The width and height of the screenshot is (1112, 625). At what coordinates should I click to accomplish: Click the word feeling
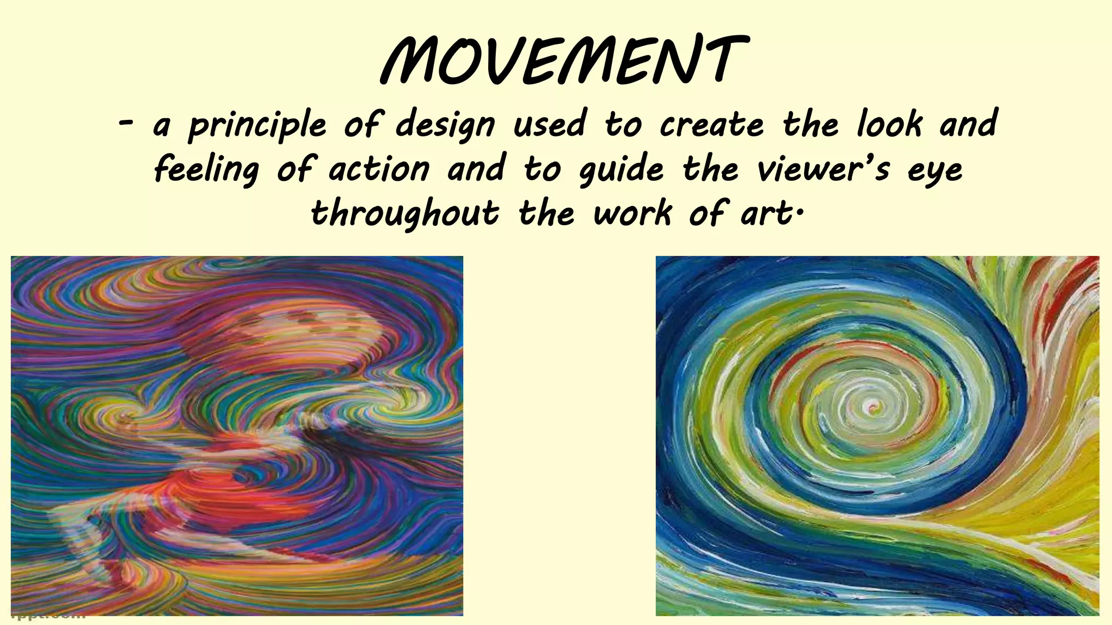click(206, 170)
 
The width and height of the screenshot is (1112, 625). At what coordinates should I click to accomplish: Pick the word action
click(379, 169)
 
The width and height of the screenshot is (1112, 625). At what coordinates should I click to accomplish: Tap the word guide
click(621, 170)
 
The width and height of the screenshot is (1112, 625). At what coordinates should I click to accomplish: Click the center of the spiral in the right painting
click(874, 405)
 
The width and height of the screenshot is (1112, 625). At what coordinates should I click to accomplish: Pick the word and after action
click(476, 169)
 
